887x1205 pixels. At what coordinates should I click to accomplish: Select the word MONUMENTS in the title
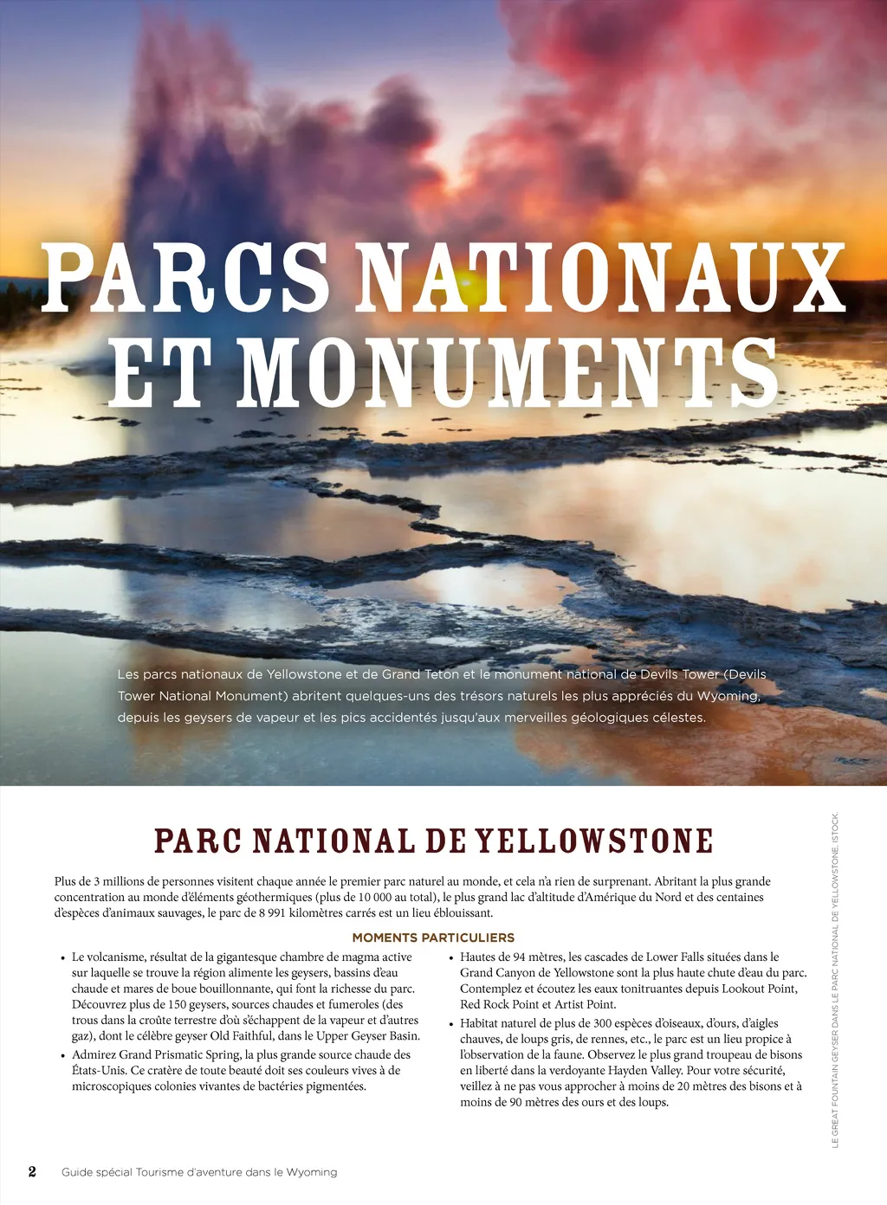(x=508, y=373)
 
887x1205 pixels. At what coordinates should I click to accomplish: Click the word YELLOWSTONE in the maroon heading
(x=594, y=841)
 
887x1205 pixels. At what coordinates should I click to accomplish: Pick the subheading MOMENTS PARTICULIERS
(x=433, y=938)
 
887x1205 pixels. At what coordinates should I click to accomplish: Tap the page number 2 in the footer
(x=32, y=1171)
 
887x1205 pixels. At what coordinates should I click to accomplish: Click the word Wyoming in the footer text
(x=312, y=1172)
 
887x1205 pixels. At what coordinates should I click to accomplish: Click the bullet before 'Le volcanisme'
(x=63, y=958)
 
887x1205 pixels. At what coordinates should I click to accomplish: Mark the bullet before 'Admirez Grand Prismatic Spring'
(x=63, y=1056)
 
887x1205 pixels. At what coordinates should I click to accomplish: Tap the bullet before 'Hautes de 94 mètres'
(x=451, y=958)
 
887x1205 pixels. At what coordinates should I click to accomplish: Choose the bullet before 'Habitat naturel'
(x=451, y=1024)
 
